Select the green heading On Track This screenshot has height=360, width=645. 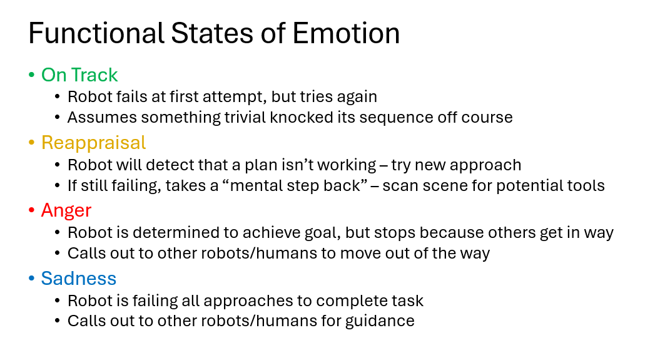click(79, 75)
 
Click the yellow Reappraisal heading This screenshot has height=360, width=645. click(93, 143)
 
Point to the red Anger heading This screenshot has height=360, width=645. click(66, 210)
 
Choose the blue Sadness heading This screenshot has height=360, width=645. click(79, 278)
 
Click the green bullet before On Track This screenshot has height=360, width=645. click(31, 76)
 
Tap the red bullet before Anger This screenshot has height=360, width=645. click(31, 211)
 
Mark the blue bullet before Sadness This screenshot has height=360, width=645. click(31, 279)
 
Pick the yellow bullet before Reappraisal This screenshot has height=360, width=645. click(31, 143)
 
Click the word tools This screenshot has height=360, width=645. click(586, 185)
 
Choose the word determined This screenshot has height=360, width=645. click(175, 233)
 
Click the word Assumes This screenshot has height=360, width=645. click(98, 118)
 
